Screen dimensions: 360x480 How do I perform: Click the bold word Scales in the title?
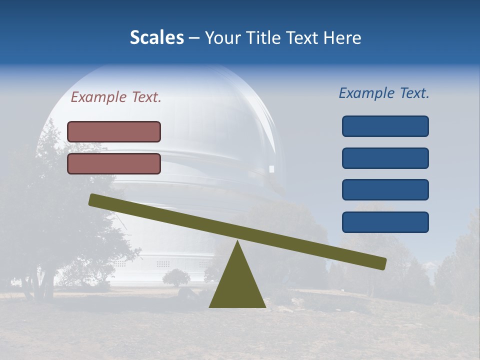coord(156,37)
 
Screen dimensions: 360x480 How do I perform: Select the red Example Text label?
coord(116,97)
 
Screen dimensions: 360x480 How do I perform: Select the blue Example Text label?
coord(384,93)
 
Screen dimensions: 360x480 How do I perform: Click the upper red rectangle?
coord(114,131)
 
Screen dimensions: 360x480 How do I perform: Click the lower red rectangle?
coord(114,163)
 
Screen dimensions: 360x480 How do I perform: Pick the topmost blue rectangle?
coord(385,126)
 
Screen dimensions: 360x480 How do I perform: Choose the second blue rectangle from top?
coord(385,158)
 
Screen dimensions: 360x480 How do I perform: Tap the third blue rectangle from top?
coord(385,189)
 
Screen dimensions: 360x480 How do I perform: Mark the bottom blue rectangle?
coord(385,222)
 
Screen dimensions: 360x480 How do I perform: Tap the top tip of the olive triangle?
coord(237,242)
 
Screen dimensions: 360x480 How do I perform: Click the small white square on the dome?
coord(272,169)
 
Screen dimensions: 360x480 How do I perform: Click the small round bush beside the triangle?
coord(176,277)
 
